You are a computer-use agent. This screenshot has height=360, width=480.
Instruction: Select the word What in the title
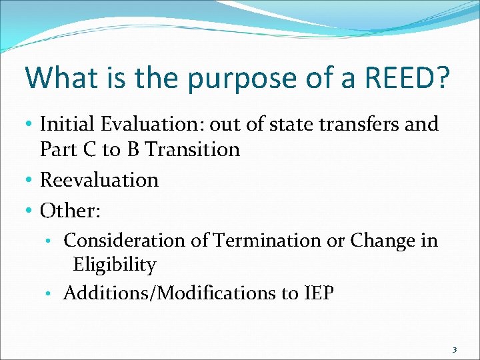58,77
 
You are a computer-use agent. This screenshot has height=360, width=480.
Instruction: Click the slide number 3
455,349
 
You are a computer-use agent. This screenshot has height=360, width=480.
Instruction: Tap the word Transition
193,149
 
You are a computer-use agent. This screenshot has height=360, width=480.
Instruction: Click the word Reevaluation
99,180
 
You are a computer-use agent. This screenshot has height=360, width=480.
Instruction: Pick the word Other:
71,211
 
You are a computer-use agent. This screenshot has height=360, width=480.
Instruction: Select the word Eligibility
115,265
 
